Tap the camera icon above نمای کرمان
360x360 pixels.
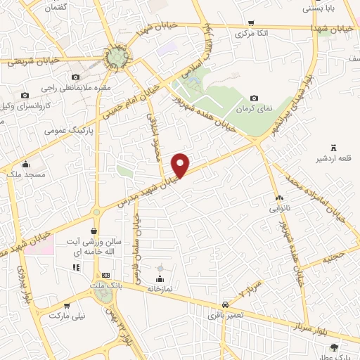tap(254, 98)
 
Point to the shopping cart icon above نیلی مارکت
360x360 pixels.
tap(67, 306)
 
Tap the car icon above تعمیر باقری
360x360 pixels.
tap(224, 304)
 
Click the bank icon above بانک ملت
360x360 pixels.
tap(105, 275)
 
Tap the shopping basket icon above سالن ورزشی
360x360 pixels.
tap(94, 231)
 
